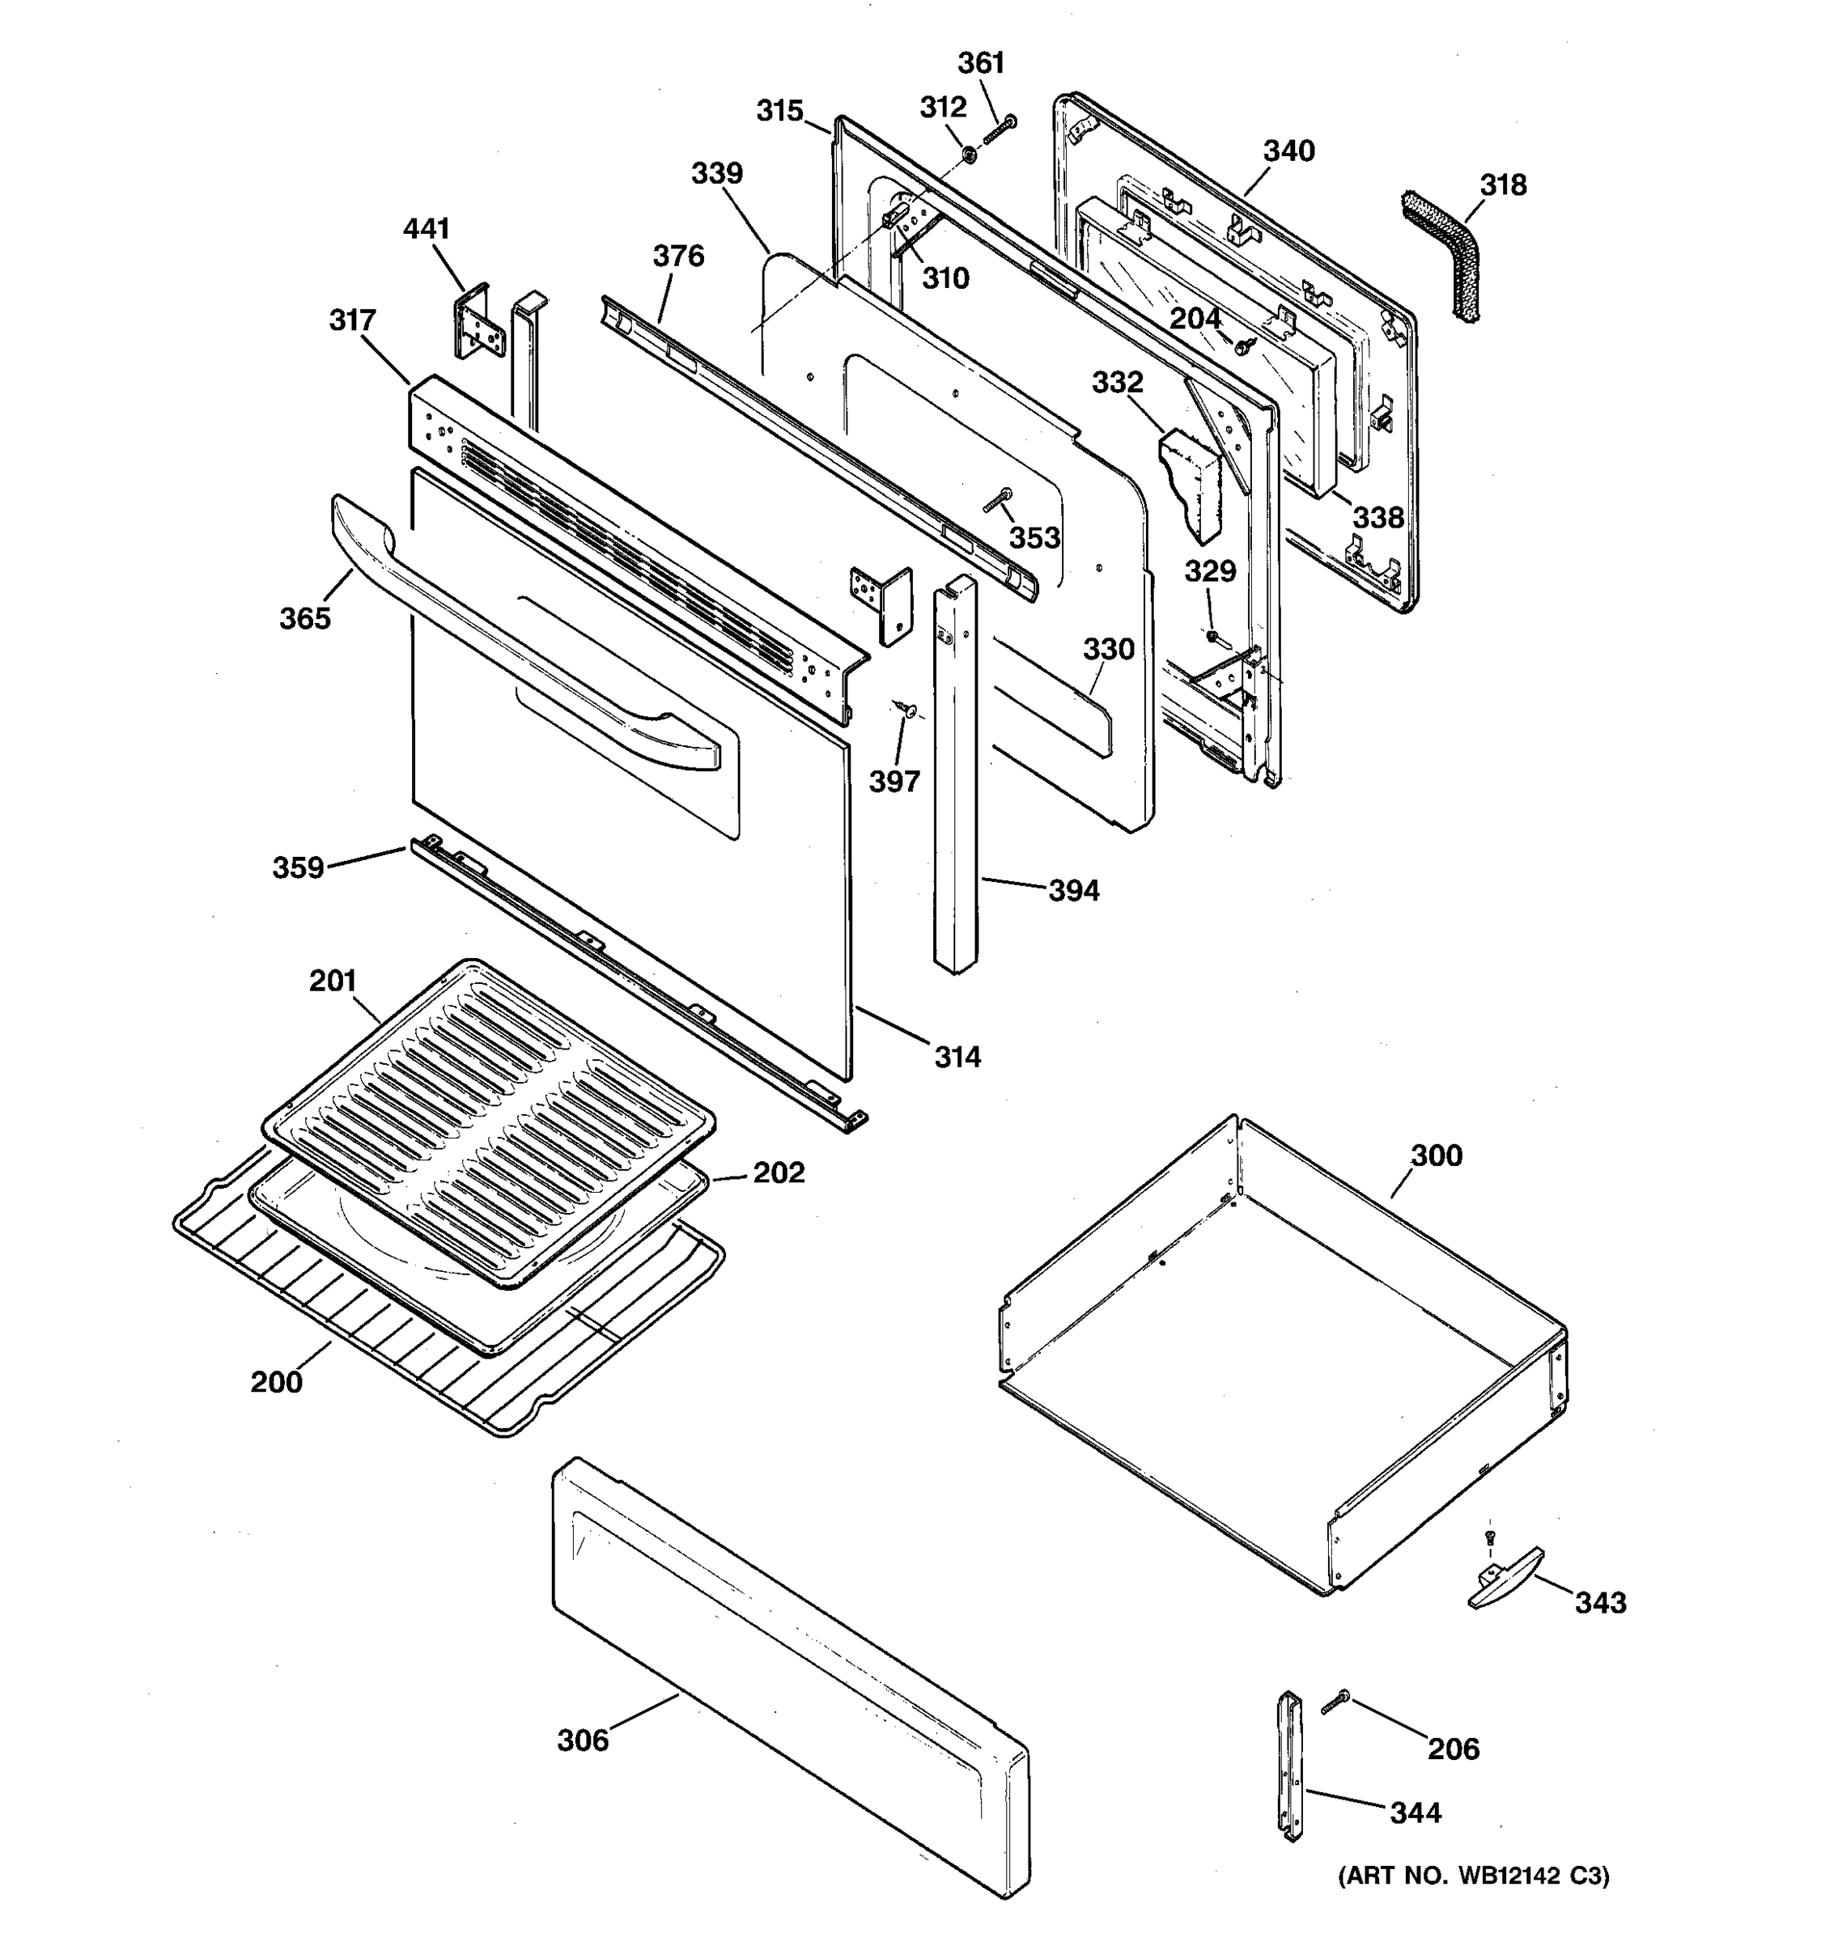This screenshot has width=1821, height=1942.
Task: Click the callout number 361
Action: (x=981, y=63)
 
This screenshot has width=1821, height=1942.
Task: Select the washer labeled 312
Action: (x=968, y=155)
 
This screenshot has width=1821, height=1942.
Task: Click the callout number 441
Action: (x=426, y=228)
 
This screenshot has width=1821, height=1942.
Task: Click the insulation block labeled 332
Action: (x=1191, y=484)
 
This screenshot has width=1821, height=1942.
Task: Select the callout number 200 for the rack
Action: (x=277, y=1382)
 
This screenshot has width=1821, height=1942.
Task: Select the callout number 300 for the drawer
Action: (x=1436, y=1155)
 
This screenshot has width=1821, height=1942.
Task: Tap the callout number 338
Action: (x=1377, y=518)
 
